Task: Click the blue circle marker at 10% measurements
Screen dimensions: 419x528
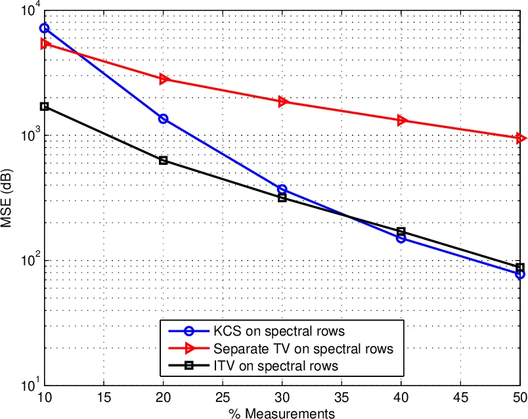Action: click(45, 28)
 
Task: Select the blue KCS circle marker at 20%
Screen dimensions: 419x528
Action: click(164, 119)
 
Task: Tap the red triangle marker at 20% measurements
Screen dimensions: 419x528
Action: click(164, 79)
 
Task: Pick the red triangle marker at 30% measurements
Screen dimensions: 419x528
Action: click(282, 102)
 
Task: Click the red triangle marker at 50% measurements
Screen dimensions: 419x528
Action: click(520, 138)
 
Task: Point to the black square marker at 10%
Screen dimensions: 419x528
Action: click(45, 106)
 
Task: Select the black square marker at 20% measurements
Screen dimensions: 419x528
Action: click(164, 160)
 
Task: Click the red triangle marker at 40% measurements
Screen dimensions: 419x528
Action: click(401, 120)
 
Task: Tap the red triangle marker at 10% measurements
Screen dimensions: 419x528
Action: click(45, 43)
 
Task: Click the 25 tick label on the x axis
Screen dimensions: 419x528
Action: click(223, 399)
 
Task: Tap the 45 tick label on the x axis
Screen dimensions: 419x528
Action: click(460, 399)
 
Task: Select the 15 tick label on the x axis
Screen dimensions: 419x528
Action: click(104, 399)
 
